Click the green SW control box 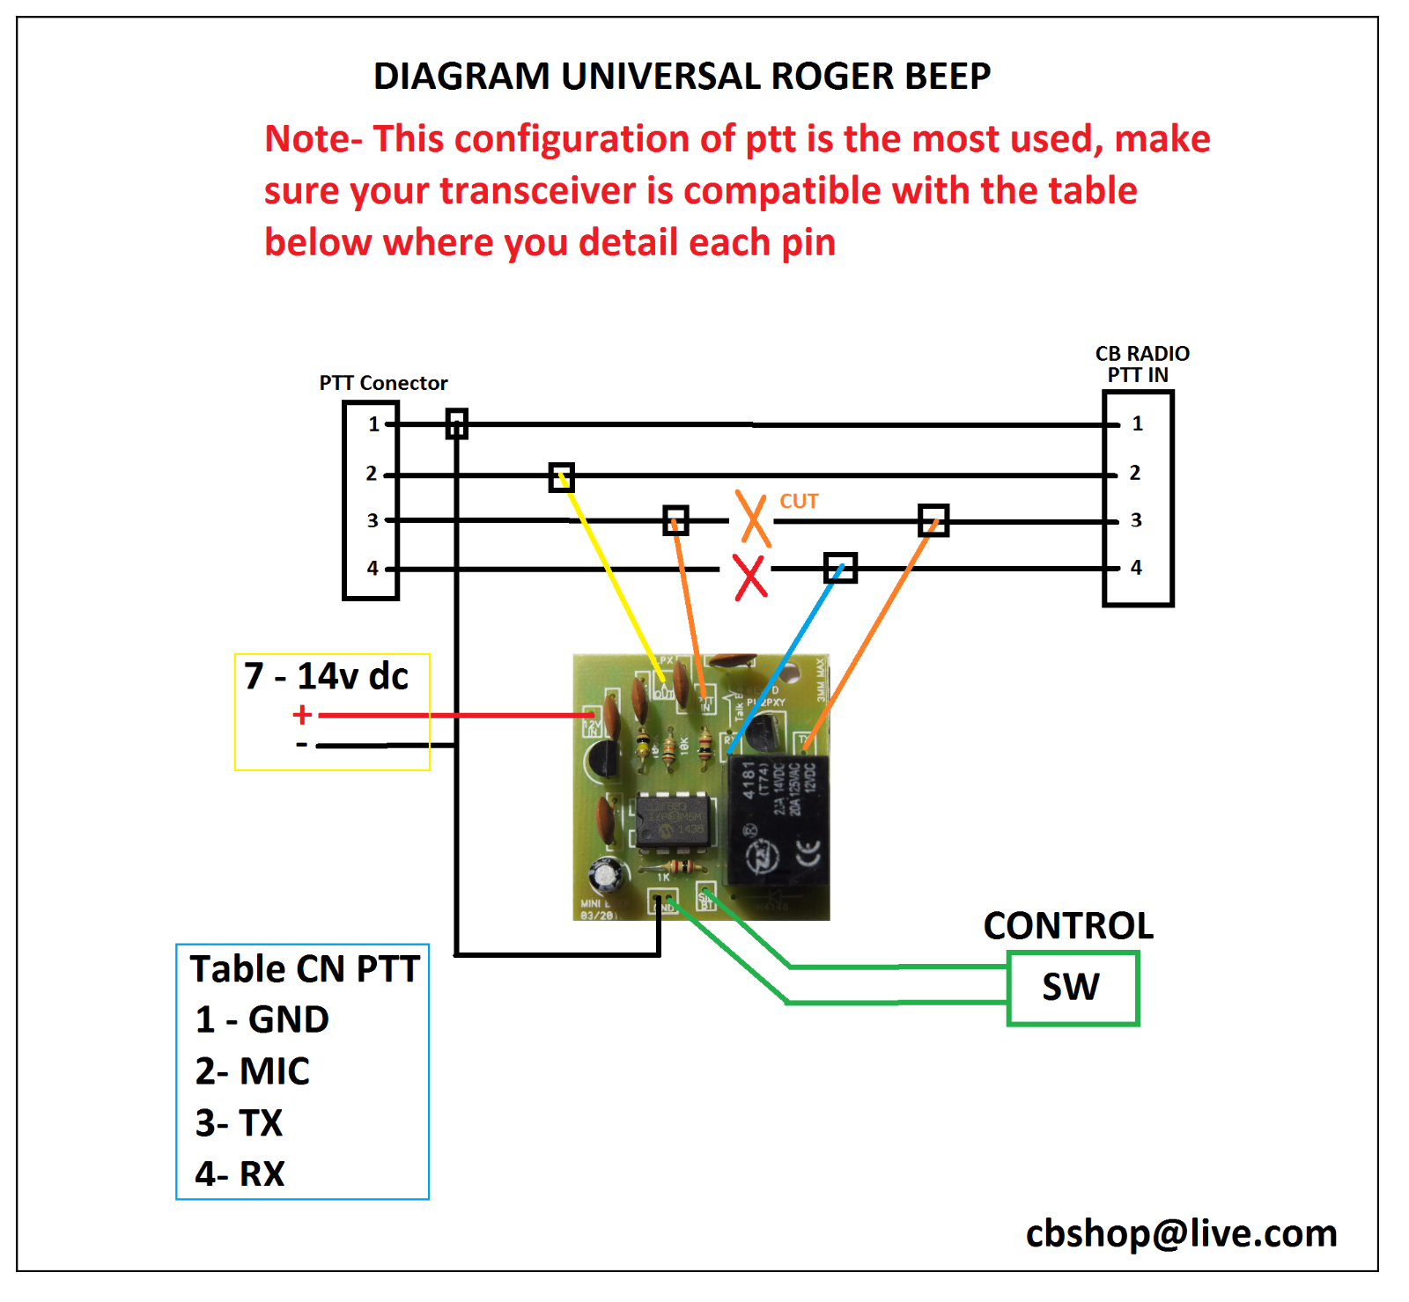click(x=1073, y=987)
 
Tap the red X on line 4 click(x=750, y=577)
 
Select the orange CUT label click(x=799, y=501)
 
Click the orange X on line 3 click(x=753, y=519)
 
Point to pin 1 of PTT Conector click(x=373, y=424)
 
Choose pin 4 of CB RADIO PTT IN click(x=1136, y=568)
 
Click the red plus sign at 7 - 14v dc click(x=302, y=715)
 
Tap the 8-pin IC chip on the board click(x=671, y=820)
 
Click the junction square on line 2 click(x=561, y=477)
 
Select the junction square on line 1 click(x=456, y=423)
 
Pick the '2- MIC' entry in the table click(x=252, y=1071)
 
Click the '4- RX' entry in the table click(x=240, y=1174)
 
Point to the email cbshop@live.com click(x=1181, y=1233)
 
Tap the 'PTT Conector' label click(x=383, y=383)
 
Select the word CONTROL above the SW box click(x=1068, y=926)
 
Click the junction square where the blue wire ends click(x=840, y=568)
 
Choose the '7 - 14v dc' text click(x=327, y=676)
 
